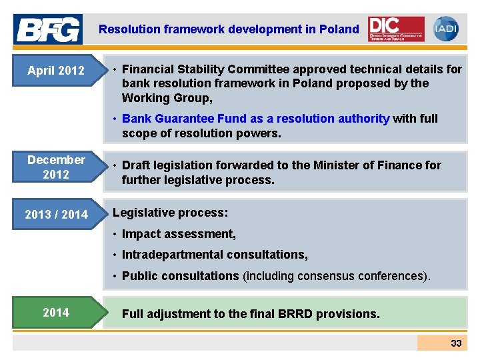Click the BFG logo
click(x=48, y=29)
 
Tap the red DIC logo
click(x=396, y=29)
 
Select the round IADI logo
click(x=445, y=29)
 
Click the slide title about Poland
click(x=229, y=29)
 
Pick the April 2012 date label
click(x=56, y=70)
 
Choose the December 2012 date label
click(x=56, y=167)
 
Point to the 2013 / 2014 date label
click(x=56, y=214)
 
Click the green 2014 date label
click(x=56, y=312)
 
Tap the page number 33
click(x=456, y=343)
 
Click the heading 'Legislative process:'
click(x=171, y=213)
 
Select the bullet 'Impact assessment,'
click(x=179, y=234)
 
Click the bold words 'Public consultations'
click(x=180, y=276)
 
